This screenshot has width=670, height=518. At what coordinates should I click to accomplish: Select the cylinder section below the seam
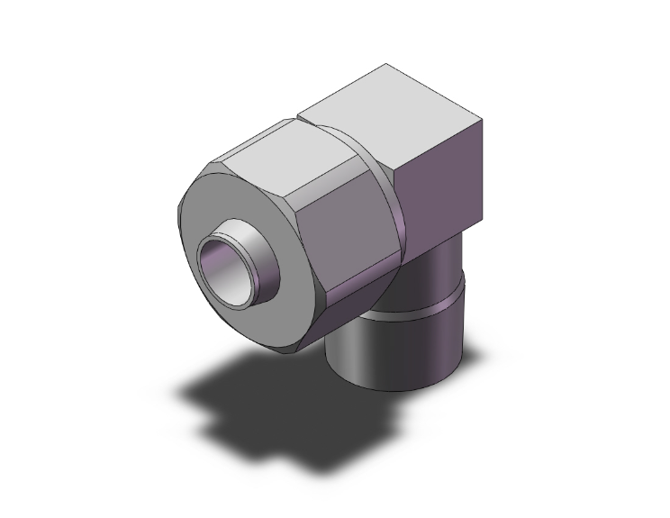pyautogui.click(x=396, y=347)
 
